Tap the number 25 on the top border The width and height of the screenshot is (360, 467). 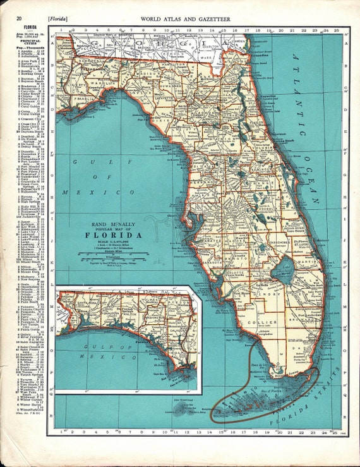pos(338,30)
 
